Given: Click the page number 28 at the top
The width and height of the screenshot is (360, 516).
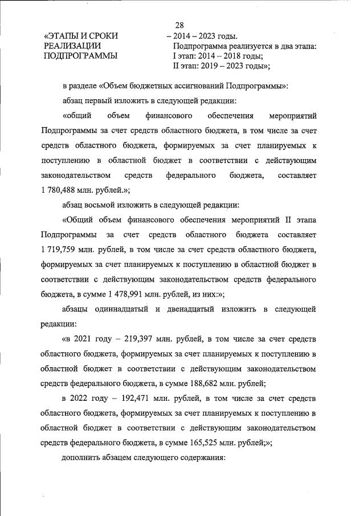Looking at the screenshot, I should click(x=181, y=25).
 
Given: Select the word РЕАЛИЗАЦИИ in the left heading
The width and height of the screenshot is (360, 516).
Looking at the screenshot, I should click(x=73, y=46).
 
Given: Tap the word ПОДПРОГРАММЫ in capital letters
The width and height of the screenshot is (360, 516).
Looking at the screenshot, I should click(x=80, y=56).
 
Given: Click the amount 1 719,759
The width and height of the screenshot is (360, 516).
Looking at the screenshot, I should click(x=62, y=250).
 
